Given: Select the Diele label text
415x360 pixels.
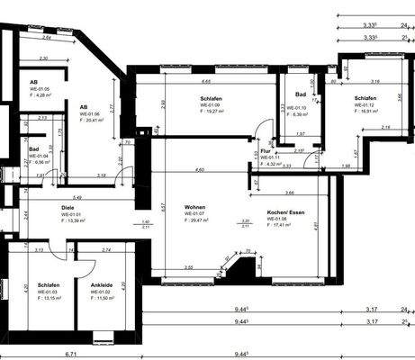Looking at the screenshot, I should (x=67, y=208).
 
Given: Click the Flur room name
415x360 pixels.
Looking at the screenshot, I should (x=265, y=151).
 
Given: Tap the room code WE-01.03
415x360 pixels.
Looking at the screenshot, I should (x=50, y=291).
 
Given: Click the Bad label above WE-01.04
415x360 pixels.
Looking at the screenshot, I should (x=33, y=149).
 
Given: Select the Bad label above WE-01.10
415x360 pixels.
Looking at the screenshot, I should (x=301, y=94).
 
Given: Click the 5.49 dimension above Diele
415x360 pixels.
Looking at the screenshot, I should (x=77, y=197).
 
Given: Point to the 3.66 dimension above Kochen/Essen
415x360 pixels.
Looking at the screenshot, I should (x=289, y=193).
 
